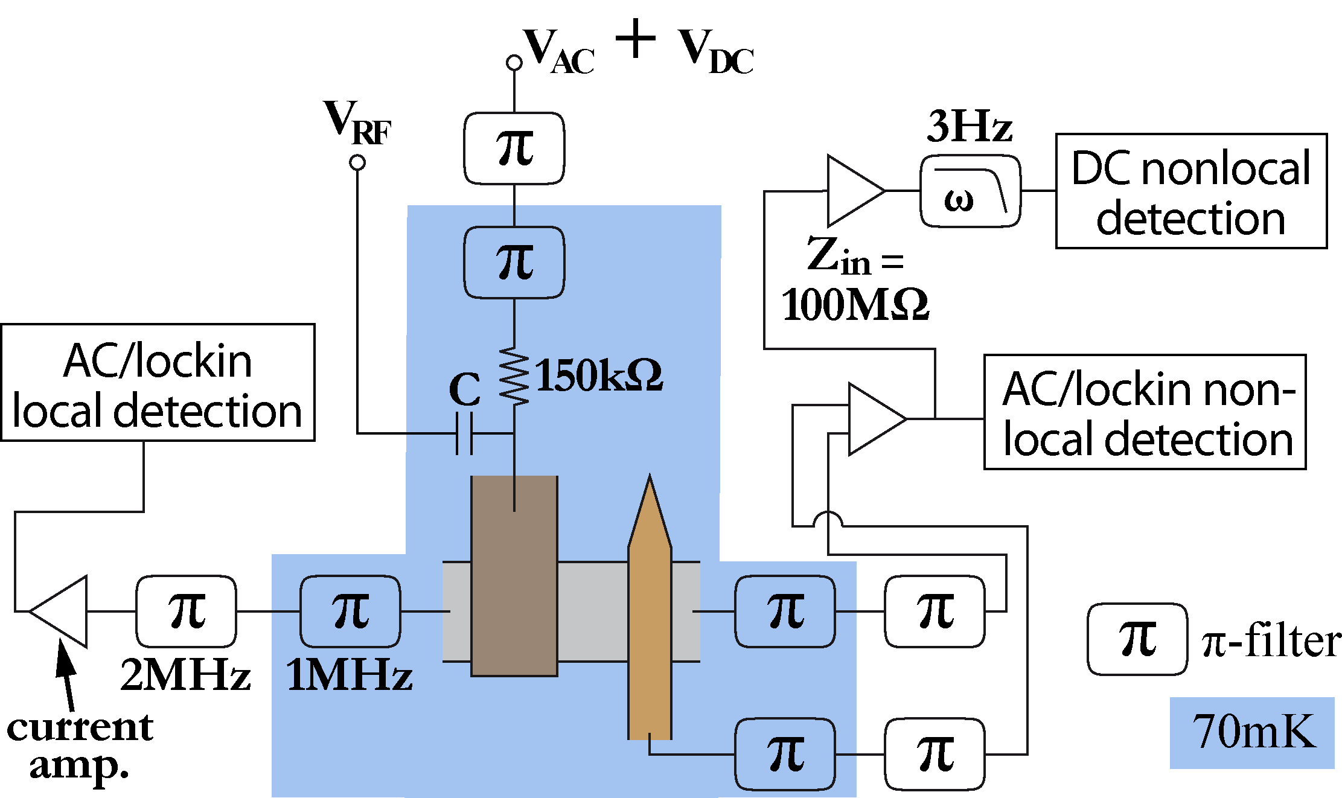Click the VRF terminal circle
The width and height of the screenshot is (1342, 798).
pos(357,162)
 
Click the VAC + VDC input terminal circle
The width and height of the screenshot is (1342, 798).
pos(514,62)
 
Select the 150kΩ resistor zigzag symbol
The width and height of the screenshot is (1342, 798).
pos(514,375)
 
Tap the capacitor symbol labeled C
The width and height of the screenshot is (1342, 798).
pos(464,433)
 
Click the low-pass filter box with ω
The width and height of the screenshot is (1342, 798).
pos(970,191)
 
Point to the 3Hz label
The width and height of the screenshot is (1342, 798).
pos(969,127)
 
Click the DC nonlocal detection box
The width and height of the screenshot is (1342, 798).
pos(1190,191)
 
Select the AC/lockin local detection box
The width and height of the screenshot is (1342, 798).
pos(158,383)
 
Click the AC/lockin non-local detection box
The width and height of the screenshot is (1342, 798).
pos(1145,412)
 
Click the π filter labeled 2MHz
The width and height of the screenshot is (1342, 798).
pos(186,611)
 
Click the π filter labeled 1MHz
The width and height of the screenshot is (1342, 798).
pos(350,611)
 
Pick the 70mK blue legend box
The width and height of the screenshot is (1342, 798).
pos(1251,733)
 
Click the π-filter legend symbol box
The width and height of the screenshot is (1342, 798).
pos(1137,639)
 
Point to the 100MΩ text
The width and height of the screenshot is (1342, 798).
pos(854,305)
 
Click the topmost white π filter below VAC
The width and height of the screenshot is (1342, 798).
pos(514,148)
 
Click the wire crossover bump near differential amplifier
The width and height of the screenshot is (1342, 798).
pos(827,519)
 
